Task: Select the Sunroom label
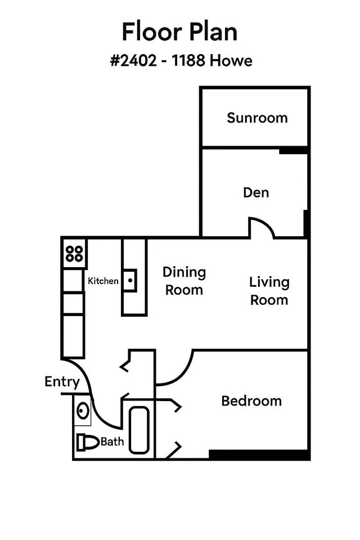pos(257,118)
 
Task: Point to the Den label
pos(256,192)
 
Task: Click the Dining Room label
pos(184,281)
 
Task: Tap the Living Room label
pos(269,291)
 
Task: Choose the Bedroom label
pos(251,401)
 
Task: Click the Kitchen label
pos(103,281)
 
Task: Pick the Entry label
pos(62,382)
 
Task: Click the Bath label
pos(112,442)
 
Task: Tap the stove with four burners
pos(74,253)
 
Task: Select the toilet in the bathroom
pos(87,442)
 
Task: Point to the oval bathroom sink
pos(83,409)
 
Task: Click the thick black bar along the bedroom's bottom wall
pos(259,454)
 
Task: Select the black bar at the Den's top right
pos(294,150)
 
